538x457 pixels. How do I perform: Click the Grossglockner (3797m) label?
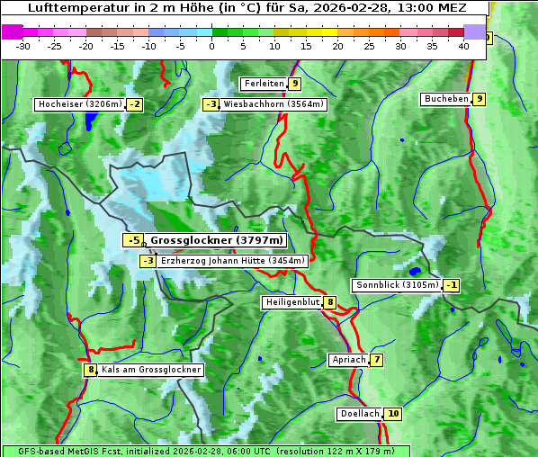217,240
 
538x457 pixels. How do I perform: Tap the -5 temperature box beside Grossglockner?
132,240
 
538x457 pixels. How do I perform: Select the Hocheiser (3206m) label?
79,104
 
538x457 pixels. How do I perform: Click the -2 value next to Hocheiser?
134,104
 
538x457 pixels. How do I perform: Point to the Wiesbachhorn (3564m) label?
273,104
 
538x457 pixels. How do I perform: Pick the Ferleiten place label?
264,84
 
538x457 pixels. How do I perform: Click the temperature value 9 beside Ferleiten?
295,84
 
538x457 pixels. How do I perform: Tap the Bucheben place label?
446,99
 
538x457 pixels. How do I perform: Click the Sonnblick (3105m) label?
398,285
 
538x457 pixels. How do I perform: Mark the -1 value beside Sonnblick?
451,285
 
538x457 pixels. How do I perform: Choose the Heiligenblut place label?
291,302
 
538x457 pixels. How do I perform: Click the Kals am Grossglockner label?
150,370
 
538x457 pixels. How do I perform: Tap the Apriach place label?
349,361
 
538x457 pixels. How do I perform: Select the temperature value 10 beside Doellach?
393,414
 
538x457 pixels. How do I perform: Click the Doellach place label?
360,414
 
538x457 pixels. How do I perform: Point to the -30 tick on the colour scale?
23,45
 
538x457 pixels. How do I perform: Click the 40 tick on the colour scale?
464,45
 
